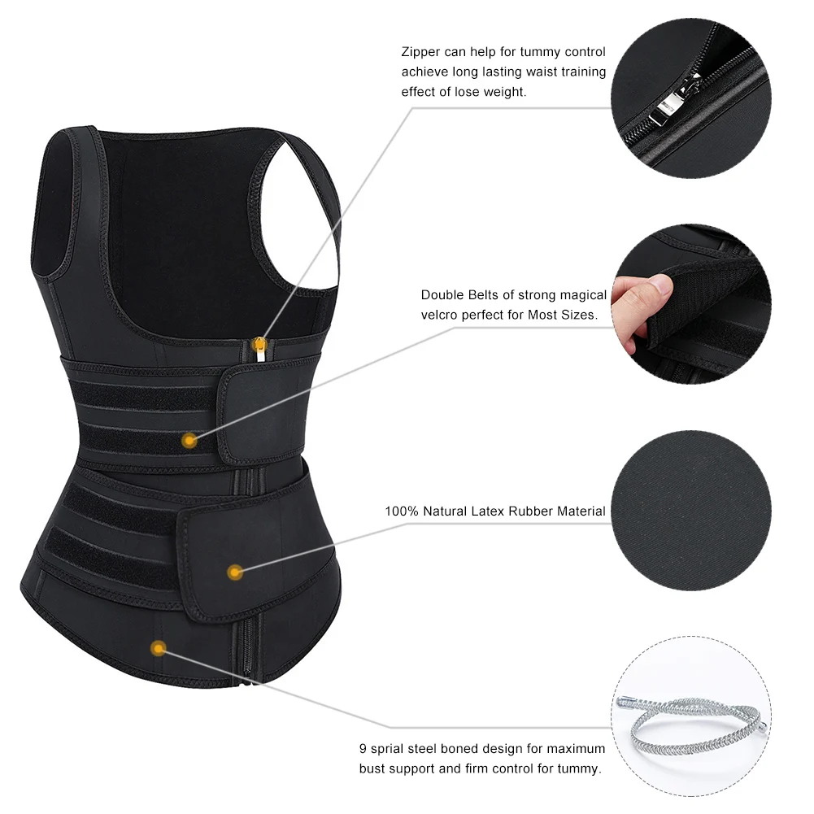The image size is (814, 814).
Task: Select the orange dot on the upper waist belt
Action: (x=189, y=441)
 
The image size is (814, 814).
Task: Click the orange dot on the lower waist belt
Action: (x=235, y=572)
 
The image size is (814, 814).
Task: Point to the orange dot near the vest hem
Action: (x=159, y=648)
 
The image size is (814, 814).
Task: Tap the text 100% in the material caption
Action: (x=400, y=511)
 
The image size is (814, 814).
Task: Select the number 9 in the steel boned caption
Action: (x=363, y=748)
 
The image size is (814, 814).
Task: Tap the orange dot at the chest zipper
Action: (x=259, y=339)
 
